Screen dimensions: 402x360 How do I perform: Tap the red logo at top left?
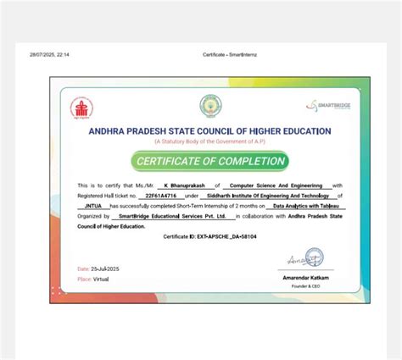[81, 108]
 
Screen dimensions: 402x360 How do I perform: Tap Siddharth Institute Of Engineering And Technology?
[275, 195]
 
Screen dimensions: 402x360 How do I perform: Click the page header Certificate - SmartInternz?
[225, 54]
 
